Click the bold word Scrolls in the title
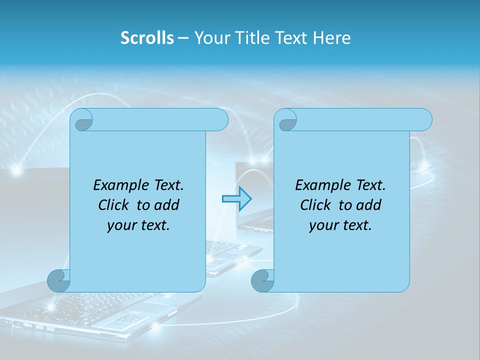coord(147,37)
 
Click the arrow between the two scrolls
coord(236,198)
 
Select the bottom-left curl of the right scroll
coord(262,281)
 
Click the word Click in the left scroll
coord(114,205)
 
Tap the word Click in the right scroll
coord(316,205)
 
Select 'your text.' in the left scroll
coord(138,225)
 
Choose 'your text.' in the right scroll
coord(340,225)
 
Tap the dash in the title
coord(183,38)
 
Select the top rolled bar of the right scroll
coord(360,119)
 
